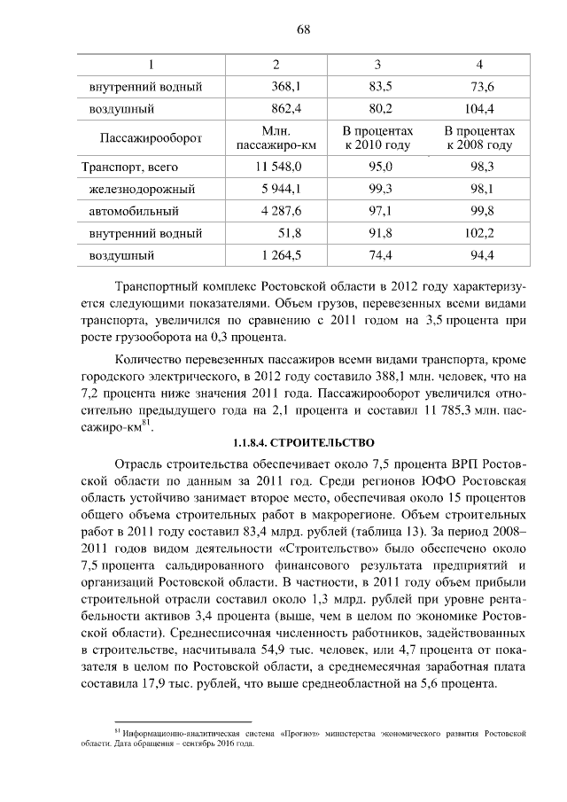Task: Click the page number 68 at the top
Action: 302,28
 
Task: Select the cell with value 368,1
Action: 287,87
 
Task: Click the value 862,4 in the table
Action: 287,110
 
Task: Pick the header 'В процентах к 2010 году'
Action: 377,138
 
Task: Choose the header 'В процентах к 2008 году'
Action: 479,138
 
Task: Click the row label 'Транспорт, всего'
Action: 129,167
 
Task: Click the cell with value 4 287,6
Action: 279,212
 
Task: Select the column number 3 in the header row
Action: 378,65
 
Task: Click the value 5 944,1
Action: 279,190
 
